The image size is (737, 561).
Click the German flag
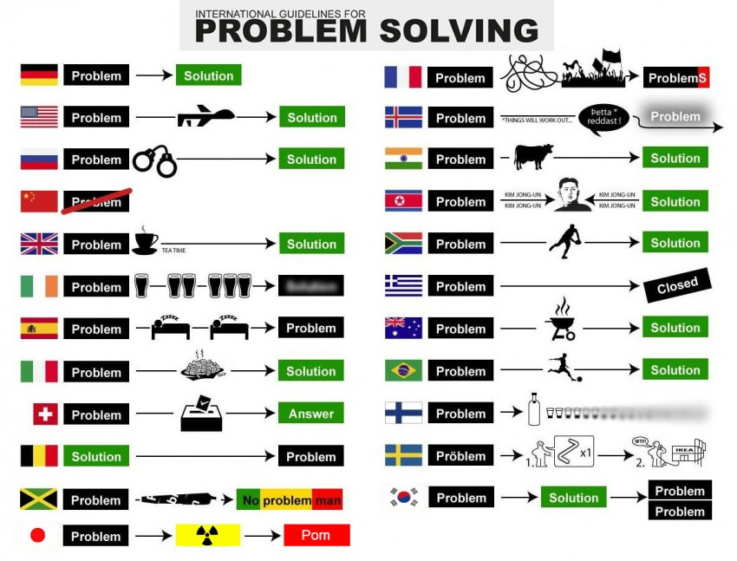coord(39,75)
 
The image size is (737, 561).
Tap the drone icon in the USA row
coord(205,117)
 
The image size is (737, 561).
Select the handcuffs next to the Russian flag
coord(154,160)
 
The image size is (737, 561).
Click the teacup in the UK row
coord(144,241)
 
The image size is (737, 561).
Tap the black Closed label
coord(676,284)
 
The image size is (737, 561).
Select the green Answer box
coord(310,414)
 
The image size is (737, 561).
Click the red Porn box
coord(316,536)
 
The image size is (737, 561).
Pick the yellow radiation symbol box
coord(207,536)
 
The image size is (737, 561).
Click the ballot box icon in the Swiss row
coord(201,414)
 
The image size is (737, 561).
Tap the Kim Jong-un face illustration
coord(569,198)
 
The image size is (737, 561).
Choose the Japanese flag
coord(38,536)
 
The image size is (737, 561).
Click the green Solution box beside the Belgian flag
coord(96,456)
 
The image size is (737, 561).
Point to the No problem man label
coord(290,500)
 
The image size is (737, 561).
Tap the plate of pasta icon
coord(201,368)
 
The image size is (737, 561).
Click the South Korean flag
coord(404,498)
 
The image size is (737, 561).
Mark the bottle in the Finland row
coord(534,409)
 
